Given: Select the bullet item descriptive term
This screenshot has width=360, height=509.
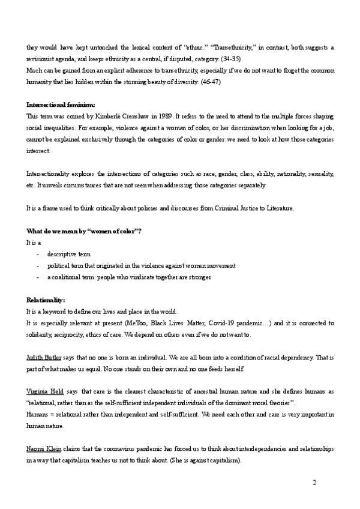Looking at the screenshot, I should tap(69, 254).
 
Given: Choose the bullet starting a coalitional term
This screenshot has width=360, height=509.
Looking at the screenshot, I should tap(129, 277).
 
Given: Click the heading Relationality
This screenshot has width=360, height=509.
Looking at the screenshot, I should tap(46, 300).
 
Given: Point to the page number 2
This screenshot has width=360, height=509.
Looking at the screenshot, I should tap(314, 483).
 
